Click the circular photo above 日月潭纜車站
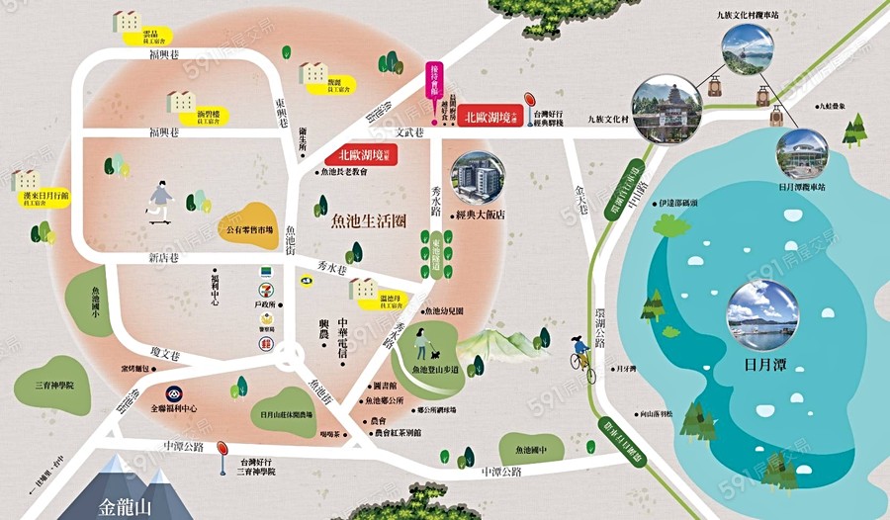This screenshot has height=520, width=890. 802,147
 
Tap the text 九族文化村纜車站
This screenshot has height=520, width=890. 750,15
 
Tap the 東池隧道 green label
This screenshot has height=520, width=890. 436,253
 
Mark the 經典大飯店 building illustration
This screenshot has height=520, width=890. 479,180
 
